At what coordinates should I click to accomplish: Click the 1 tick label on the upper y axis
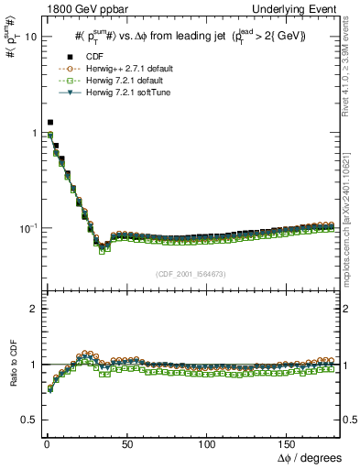pos(33,133)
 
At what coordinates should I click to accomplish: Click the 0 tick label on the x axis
pos(44,443)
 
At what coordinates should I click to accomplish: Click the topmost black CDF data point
pos(50,122)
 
